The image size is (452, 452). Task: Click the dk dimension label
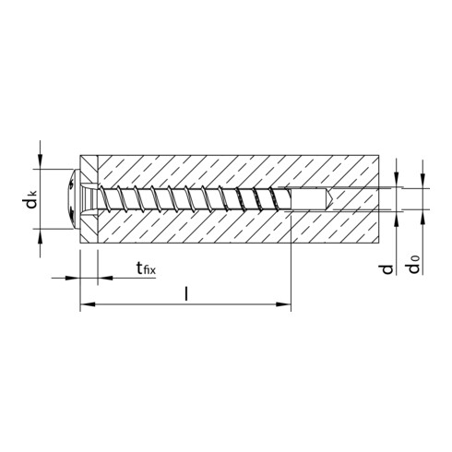(32, 200)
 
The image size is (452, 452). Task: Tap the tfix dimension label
(144, 269)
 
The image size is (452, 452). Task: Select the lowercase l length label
(187, 294)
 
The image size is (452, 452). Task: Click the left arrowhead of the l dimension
(86, 305)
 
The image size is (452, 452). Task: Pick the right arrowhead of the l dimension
(287, 305)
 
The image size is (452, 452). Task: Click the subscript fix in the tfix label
(149, 272)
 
